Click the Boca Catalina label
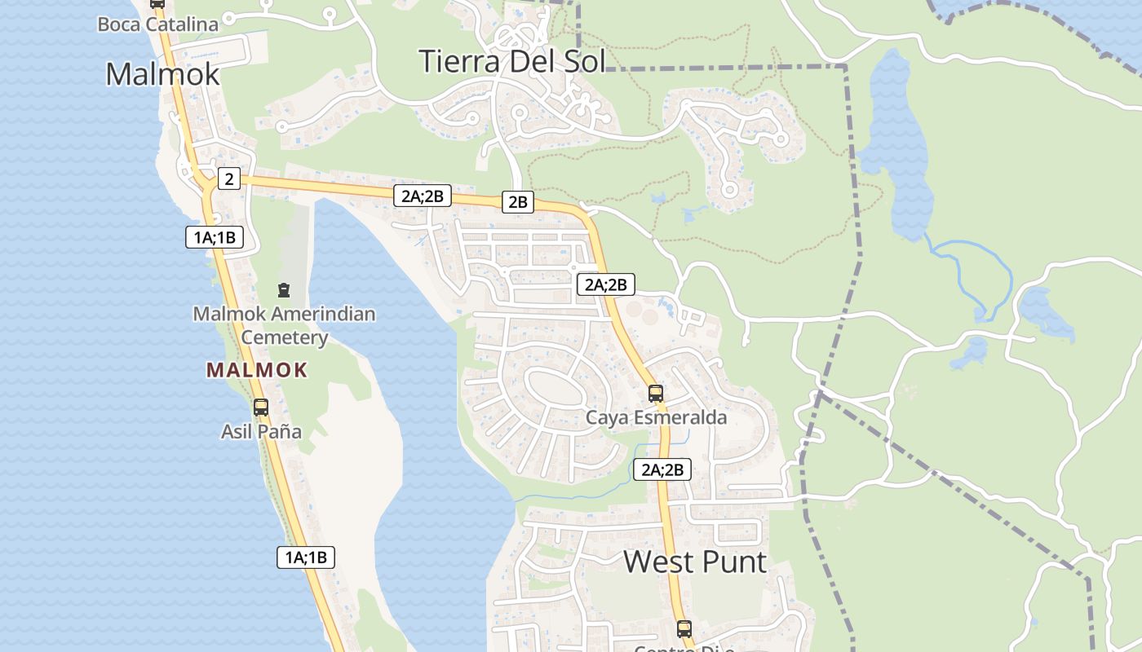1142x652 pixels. [157, 24]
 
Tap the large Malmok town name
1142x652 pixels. [162, 74]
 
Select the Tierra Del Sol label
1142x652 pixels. [511, 61]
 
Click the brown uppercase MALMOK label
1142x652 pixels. [257, 370]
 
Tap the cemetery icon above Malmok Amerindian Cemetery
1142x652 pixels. [283, 289]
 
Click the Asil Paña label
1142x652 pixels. [261, 431]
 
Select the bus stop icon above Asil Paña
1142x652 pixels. [260, 407]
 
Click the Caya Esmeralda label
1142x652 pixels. [656, 418]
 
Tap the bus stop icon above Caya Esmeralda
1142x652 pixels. [655, 394]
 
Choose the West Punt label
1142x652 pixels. [695, 562]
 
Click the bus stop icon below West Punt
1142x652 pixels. [684, 629]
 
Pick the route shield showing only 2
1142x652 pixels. [229, 178]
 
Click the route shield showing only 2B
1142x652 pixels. [517, 202]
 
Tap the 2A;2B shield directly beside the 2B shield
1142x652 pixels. [422, 196]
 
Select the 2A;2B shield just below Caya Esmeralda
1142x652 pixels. [662, 469]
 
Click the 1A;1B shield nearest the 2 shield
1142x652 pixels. [214, 237]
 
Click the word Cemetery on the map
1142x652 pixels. [284, 337]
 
